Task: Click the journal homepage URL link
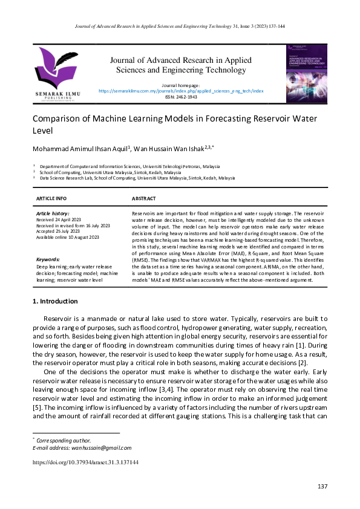181,91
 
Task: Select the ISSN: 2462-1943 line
180,96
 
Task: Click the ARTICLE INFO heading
51,198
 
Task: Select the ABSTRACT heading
144,198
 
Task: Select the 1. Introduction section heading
55,301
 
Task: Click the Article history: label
53,214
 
